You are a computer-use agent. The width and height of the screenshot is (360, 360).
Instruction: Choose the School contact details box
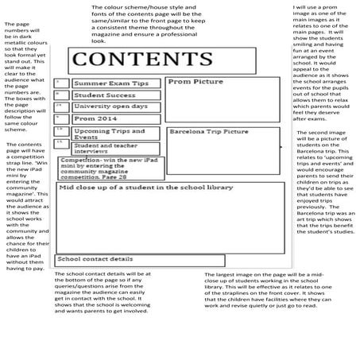(x=95, y=259)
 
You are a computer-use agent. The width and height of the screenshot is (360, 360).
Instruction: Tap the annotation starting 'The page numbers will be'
(x=24, y=75)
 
